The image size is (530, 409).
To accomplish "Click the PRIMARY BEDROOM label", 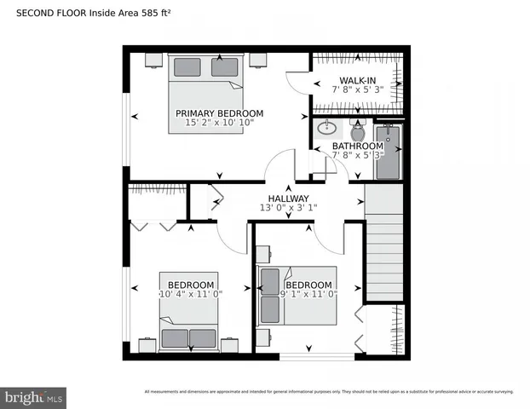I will click(219, 113).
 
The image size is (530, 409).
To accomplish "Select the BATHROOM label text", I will click(358, 146).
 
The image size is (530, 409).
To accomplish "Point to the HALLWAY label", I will click(288, 198).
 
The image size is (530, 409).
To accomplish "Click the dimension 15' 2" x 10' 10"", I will click(219, 124).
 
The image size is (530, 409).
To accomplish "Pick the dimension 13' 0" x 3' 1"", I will click(288, 207).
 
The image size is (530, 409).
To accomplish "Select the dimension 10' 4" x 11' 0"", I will click(191, 294).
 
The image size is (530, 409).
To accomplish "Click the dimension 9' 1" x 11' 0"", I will click(308, 294).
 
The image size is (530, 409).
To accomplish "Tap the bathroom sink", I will click(327, 130).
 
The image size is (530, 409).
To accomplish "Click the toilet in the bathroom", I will click(357, 131).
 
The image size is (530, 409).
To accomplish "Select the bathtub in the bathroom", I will click(388, 152).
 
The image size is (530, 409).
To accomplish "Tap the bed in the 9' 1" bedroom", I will click(298, 296).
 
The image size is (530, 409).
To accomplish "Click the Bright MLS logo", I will click(34, 397).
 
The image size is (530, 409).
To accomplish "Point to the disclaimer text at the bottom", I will click(329, 392).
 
